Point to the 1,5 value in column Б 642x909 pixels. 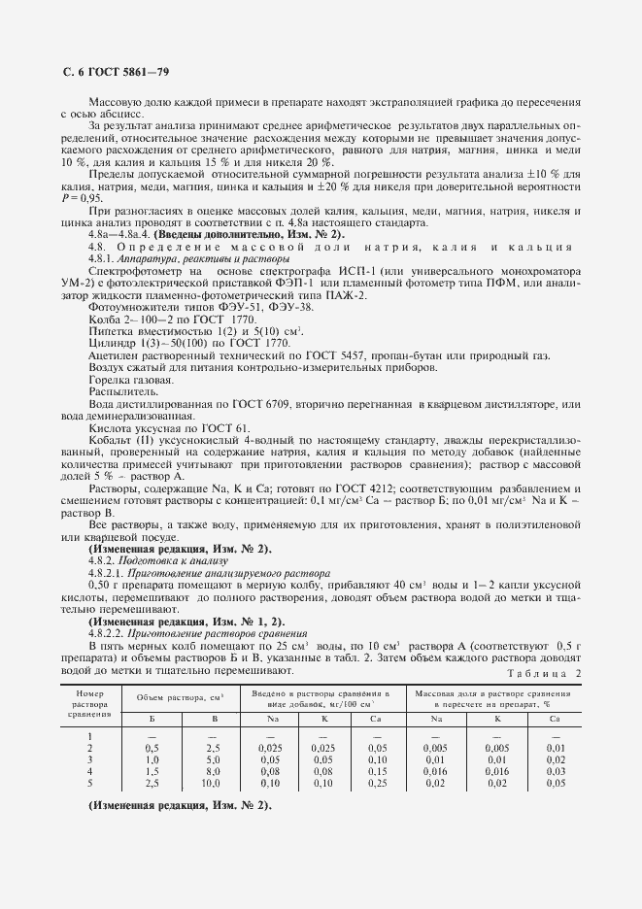point(152,768)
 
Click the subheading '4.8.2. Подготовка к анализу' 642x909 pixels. point(157,560)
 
